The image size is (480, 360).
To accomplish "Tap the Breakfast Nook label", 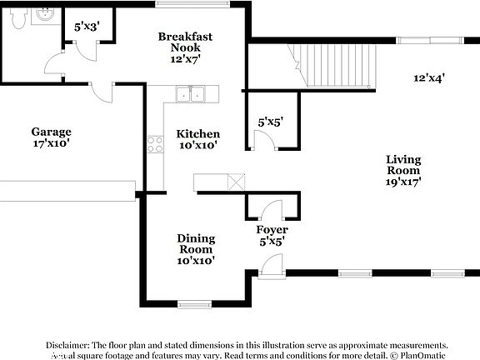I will pos(185,42).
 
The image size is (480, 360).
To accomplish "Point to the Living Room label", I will pos(402,164).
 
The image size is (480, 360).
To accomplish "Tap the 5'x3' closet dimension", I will pos(87,27).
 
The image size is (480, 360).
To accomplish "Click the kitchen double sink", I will pos(192,93).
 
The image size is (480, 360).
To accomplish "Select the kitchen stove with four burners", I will pos(155,145).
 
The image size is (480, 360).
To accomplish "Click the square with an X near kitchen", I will pos(237,182).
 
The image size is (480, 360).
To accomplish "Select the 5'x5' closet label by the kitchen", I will pos(270,122).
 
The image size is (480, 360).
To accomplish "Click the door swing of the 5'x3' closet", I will pos(82,47).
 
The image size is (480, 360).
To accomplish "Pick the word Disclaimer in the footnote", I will pos(68,344).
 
